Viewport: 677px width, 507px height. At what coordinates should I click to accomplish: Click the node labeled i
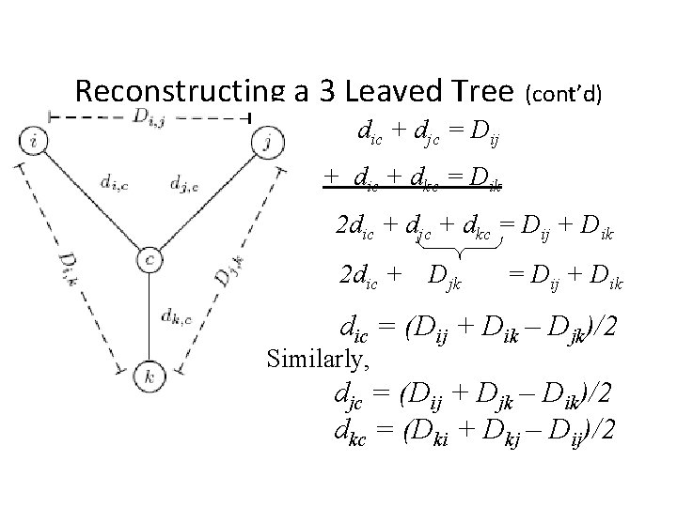coord(34,144)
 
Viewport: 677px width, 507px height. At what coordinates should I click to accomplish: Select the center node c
coord(150,259)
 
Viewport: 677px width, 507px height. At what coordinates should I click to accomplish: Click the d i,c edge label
coord(111,185)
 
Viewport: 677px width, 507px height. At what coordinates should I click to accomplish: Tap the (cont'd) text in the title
coord(564,93)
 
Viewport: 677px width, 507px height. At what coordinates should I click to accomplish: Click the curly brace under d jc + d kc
coord(460,251)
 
